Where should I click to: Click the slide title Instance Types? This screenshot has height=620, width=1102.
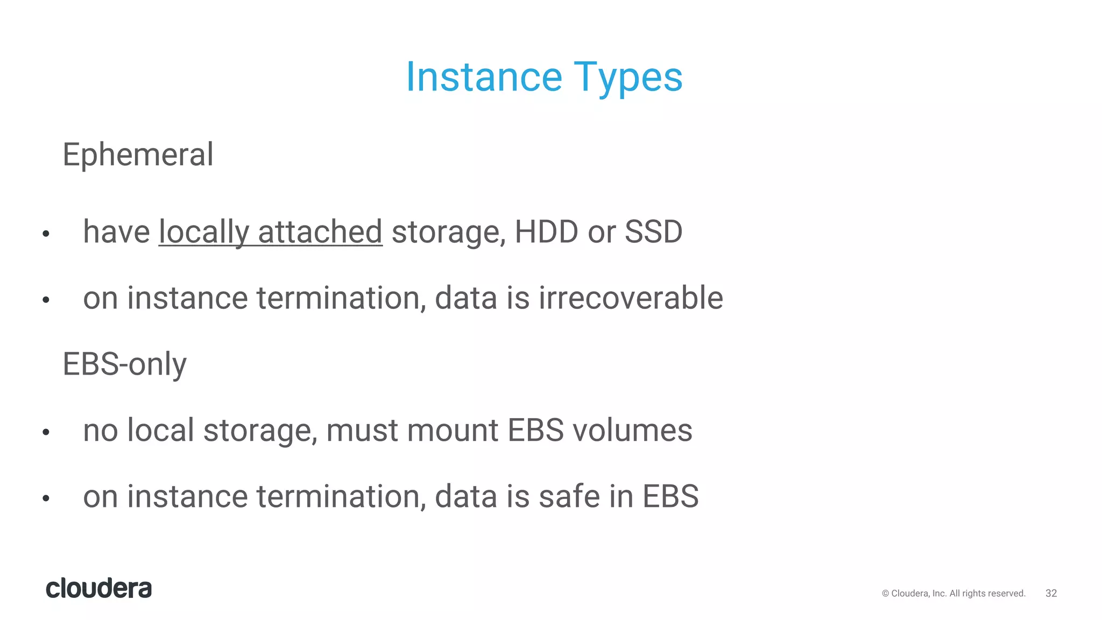(x=544, y=77)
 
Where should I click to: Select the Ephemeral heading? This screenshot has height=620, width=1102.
(x=138, y=154)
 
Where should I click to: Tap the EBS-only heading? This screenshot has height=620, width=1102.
(x=124, y=364)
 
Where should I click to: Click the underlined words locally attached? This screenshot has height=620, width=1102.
(x=270, y=232)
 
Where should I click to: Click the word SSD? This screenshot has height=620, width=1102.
(x=653, y=232)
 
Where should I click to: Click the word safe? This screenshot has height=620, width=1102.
(x=569, y=496)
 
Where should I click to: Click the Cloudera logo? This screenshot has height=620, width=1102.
(x=99, y=588)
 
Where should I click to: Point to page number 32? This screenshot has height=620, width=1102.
(x=1051, y=593)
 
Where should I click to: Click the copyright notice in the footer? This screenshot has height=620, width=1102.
(x=953, y=593)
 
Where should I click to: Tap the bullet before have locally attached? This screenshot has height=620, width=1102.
(x=46, y=234)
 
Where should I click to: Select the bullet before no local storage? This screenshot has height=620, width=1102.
(x=46, y=432)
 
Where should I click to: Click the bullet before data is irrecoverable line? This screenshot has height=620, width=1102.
(x=46, y=300)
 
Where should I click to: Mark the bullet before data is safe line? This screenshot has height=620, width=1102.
(x=46, y=498)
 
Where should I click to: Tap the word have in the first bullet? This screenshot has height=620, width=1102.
(x=116, y=232)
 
